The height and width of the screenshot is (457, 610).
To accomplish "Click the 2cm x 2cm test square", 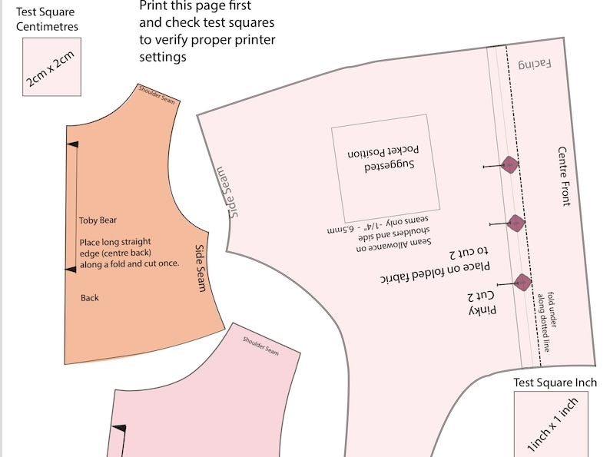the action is coord(51,67).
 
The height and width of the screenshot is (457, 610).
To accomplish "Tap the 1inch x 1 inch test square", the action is coord(551,424).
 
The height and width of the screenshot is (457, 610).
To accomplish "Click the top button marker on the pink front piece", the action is coord(509,164).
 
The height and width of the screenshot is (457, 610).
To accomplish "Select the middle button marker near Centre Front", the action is coord(516,224).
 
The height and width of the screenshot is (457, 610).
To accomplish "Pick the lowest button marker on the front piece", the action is coord(522,282).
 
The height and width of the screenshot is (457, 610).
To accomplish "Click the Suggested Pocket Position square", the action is coord(386,168).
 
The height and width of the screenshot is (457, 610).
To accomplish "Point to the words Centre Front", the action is coord(564,176).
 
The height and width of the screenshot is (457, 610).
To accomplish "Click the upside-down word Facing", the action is coord(535,65).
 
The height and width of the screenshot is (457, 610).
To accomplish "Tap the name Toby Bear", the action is coord(98,220).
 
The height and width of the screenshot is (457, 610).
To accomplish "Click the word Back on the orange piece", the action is coord(89,298).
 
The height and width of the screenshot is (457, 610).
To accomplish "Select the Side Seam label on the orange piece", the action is coord(200,268).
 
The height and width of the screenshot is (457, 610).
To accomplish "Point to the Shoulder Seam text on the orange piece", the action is coord(157,94).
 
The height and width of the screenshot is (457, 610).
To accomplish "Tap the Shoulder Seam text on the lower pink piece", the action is coord(260,346).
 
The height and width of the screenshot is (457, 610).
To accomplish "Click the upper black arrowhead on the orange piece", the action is coord(72,144).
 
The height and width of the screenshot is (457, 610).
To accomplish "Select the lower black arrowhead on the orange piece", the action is coord(71,270).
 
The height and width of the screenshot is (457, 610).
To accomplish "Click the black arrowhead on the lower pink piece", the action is coord(119,429).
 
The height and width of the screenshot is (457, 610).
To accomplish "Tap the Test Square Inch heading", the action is coord(555,382).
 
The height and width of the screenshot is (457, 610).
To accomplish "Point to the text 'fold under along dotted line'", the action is coord(546,322).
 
